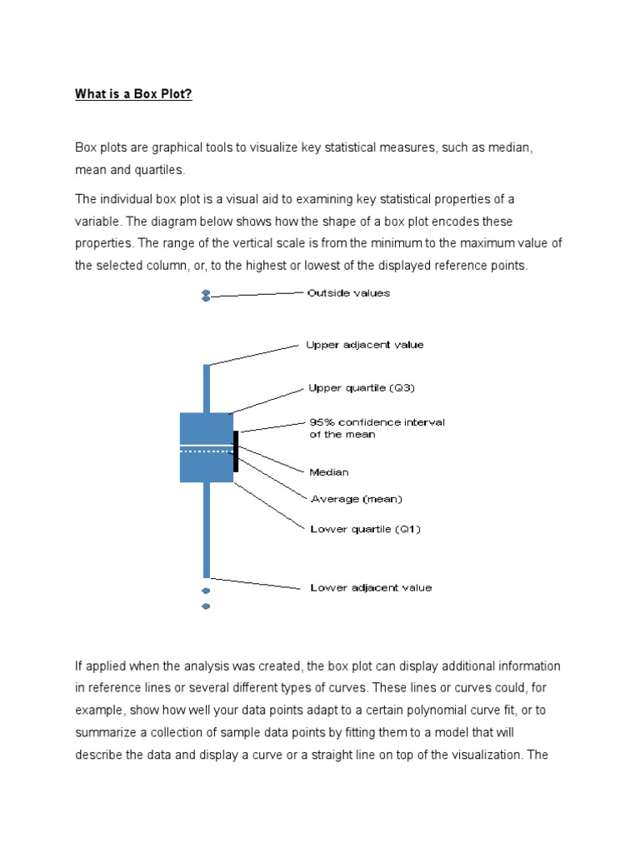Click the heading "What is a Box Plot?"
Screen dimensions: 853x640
click(133, 94)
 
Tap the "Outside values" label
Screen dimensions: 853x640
click(348, 293)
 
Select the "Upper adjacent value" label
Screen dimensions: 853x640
click(364, 345)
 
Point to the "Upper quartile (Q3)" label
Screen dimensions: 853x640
click(361, 388)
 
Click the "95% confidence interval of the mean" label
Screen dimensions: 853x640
click(377, 428)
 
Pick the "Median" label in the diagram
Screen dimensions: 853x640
click(329, 472)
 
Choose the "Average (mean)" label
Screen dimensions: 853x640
click(356, 500)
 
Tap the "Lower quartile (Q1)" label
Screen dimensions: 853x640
click(365, 529)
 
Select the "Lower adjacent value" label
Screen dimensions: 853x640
click(371, 588)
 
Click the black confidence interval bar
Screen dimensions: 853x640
click(236, 451)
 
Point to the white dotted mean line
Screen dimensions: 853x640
click(206, 451)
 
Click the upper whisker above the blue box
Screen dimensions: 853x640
click(207, 388)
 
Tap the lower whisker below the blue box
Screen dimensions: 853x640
click(207, 530)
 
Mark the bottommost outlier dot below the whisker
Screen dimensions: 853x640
click(206, 606)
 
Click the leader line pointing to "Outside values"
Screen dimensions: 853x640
click(258, 293)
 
